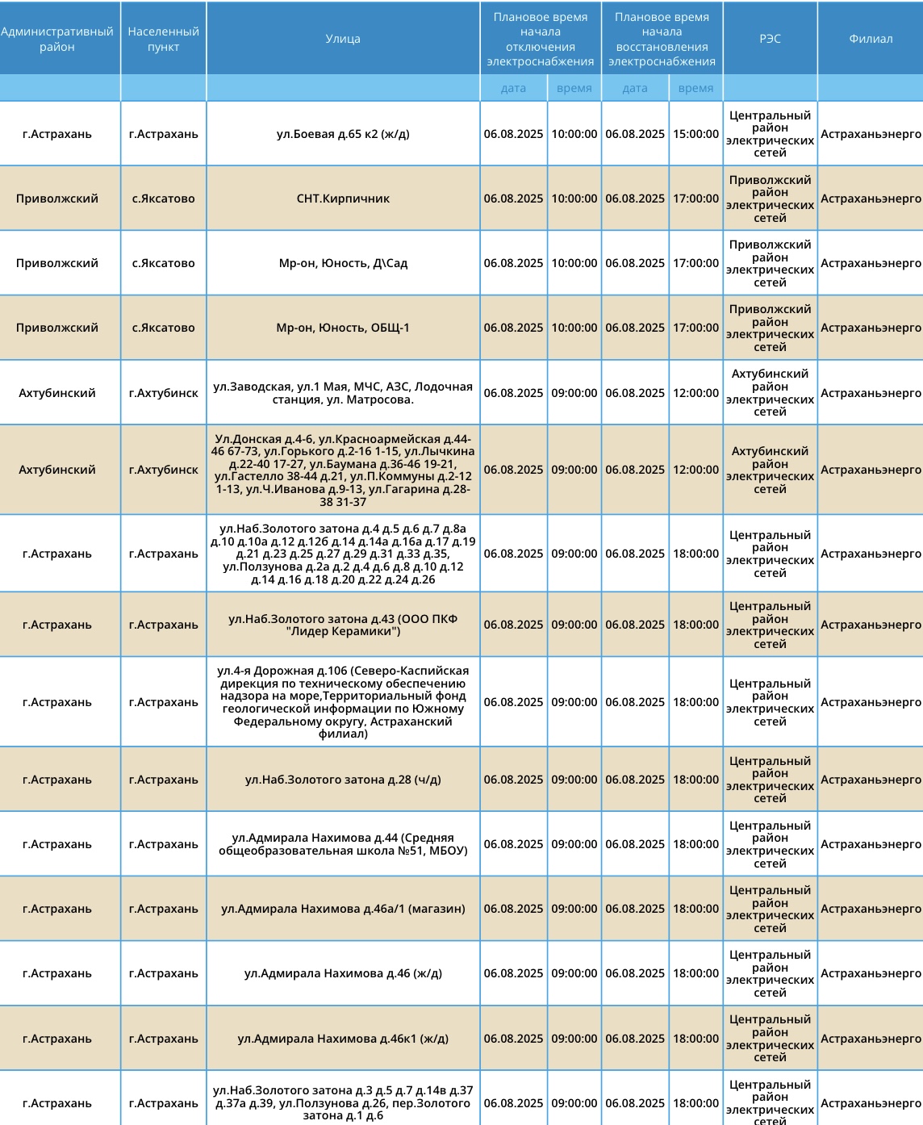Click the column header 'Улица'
(x=343, y=39)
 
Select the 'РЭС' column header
(x=770, y=39)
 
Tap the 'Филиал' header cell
(x=870, y=39)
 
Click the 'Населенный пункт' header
(x=163, y=39)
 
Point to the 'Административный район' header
(x=57, y=39)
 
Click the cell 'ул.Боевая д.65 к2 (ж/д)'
(x=343, y=134)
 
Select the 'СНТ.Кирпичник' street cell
(x=343, y=199)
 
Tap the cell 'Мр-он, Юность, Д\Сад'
(x=343, y=263)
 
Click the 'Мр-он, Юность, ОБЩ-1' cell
(x=343, y=328)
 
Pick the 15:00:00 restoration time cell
(x=695, y=134)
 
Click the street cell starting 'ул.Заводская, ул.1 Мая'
(x=343, y=393)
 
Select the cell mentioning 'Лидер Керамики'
(x=343, y=625)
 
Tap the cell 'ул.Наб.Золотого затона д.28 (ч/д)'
(x=343, y=780)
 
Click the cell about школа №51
(x=343, y=844)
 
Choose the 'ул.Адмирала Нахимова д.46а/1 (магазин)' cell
(x=343, y=909)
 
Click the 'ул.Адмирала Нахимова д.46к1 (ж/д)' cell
(x=343, y=1039)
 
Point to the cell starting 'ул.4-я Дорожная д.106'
(x=343, y=702)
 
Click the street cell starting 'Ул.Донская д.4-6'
(x=343, y=470)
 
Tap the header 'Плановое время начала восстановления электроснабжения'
(x=662, y=39)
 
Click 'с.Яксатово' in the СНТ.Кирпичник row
(x=163, y=199)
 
